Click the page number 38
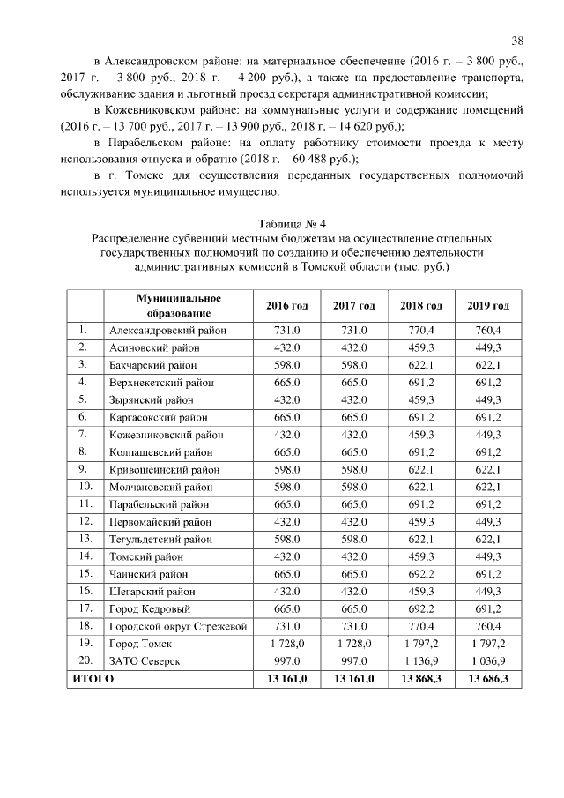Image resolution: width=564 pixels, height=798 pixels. (x=517, y=41)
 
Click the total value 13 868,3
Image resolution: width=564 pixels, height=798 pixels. (x=421, y=679)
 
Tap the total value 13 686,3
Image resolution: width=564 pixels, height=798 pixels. (x=488, y=679)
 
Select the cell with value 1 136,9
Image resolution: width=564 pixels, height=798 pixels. (x=421, y=661)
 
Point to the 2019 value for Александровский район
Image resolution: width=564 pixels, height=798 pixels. (x=488, y=331)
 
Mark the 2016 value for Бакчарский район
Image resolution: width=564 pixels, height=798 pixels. (x=286, y=365)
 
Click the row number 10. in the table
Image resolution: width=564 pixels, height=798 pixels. (x=85, y=487)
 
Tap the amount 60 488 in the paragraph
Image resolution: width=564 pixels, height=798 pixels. (x=305, y=160)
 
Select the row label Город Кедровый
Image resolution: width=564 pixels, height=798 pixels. (x=151, y=609)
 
